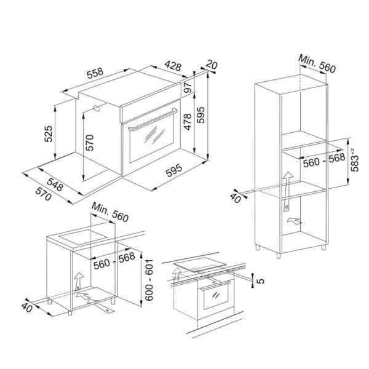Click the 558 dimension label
pos(95,73)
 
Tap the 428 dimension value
pos(173,66)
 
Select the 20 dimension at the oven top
pos(212,65)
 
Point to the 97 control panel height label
pos(188,87)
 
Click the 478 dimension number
pos(188,122)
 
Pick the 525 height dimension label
pos(49,134)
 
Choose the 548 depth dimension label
pos(55,184)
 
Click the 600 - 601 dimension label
pos(149,280)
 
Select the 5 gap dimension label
pos(260,281)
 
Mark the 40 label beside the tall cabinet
pos(236,198)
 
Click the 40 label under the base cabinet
pos(27,307)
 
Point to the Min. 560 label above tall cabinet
pos(317,64)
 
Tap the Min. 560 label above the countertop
pos(110,212)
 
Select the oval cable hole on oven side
pos(97,108)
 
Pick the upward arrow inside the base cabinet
pos(78,281)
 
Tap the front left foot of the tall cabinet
pos(279,256)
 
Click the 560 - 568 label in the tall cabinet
pos(324,161)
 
